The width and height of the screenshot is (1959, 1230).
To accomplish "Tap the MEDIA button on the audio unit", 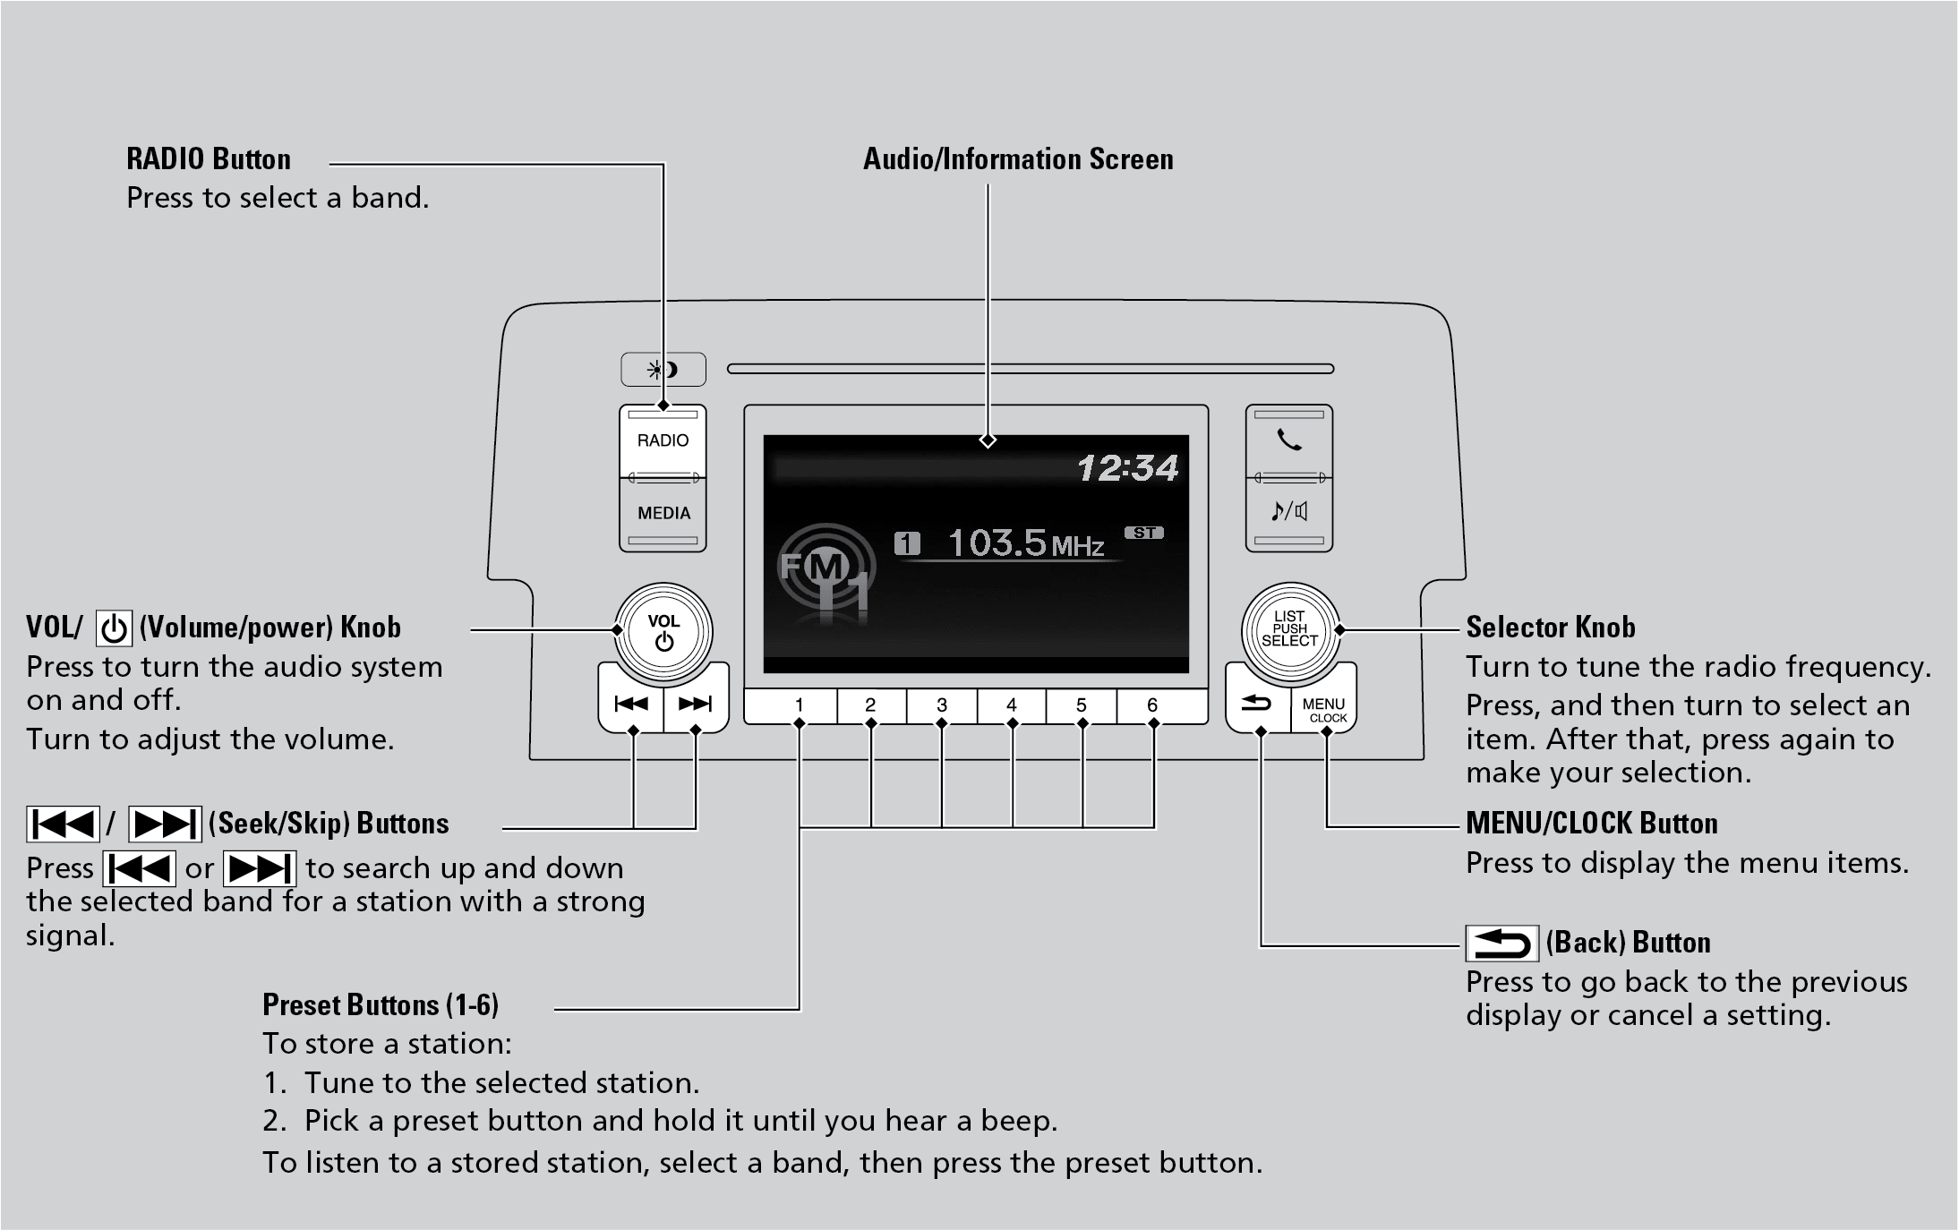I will coord(663,514).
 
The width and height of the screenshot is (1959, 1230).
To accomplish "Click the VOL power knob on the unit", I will coord(663,631).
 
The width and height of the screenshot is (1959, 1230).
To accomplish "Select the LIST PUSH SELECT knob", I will coord(1289,629).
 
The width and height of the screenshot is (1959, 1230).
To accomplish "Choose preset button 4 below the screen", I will coord(1012,705).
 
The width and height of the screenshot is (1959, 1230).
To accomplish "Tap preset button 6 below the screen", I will coord(1152,705).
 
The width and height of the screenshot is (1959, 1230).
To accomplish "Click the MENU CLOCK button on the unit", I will coord(1324,710).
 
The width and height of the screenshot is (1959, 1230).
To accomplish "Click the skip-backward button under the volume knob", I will coord(631,705).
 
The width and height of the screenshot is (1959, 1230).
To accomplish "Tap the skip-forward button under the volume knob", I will coord(695,705).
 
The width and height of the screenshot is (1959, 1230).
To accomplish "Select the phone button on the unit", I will coord(1289,440).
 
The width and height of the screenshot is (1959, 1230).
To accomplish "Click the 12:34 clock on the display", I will coord(1127,468).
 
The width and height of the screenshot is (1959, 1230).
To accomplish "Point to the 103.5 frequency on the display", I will coord(997,542).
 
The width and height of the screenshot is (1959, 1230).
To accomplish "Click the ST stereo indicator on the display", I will coord(1144,533).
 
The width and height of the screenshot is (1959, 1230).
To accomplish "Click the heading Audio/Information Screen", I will coord(1018,159).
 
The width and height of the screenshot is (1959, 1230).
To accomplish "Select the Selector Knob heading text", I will coord(1550,628).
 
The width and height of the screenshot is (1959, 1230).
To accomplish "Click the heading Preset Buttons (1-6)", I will coord(381,1005).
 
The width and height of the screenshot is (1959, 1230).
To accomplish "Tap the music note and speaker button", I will coord(1289,512).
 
